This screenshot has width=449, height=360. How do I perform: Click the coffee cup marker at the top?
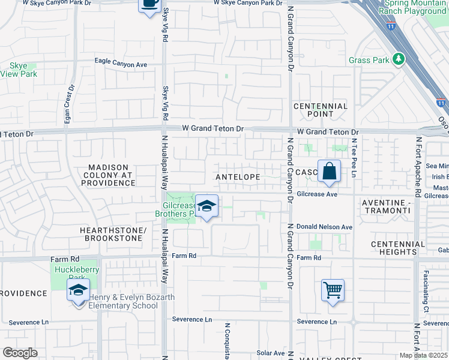(x=149, y=4)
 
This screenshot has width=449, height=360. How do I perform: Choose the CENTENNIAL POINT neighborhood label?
(x=320, y=110)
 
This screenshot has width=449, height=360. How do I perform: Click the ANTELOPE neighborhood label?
(x=238, y=177)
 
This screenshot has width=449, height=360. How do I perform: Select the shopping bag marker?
(x=329, y=171)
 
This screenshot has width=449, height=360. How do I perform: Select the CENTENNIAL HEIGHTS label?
(x=397, y=248)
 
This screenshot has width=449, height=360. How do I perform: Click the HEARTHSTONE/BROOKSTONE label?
(x=111, y=235)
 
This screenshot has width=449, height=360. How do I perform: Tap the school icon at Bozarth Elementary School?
(x=78, y=290)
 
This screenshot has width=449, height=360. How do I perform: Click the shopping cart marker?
(x=333, y=290)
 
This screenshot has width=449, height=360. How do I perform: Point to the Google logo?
(x=20, y=352)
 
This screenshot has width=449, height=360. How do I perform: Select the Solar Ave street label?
(x=270, y=353)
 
